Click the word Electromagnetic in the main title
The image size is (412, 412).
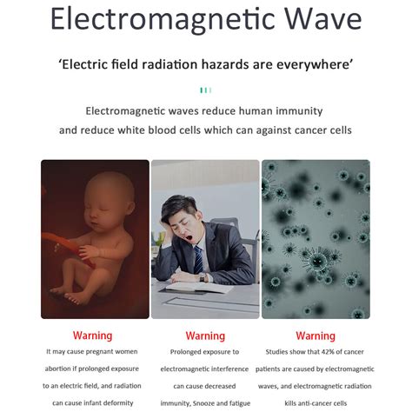tap(163, 19)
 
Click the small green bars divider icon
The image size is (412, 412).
tap(206, 90)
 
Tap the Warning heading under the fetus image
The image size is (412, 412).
tap(92, 336)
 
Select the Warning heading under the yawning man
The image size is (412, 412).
tap(205, 336)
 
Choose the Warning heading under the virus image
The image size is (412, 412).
tap(316, 336)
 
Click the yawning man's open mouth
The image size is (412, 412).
tap(189, 238)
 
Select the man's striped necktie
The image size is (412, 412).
tap(198, 259)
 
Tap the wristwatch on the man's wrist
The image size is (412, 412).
tap(202, 277)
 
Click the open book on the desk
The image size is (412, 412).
tap(200, 287)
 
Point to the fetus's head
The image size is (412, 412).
tap(110, 200)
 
